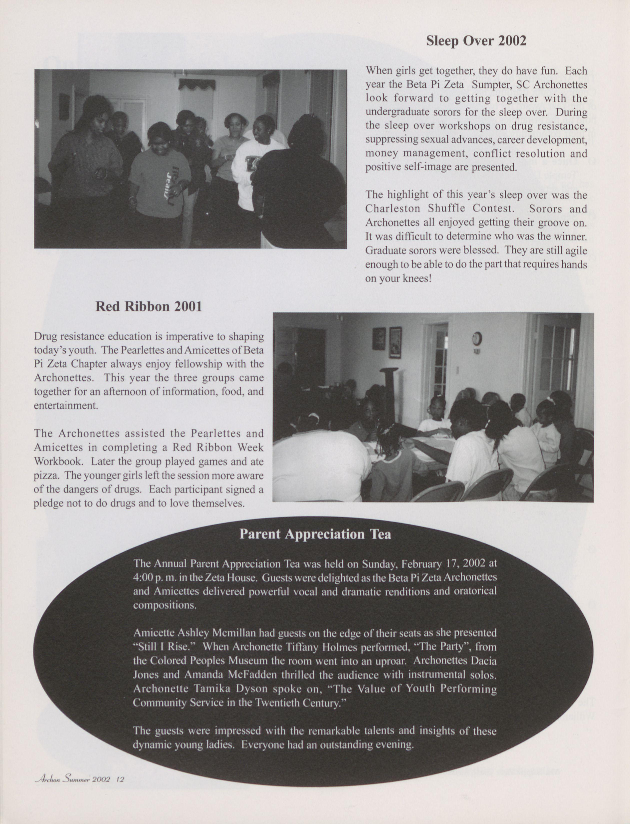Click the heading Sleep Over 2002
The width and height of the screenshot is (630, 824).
[476, 41]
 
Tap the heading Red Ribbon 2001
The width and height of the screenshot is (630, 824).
[149, 306]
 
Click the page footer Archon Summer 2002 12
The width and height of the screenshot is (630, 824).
[79, 779]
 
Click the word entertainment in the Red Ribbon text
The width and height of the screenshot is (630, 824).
[66, 406]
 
